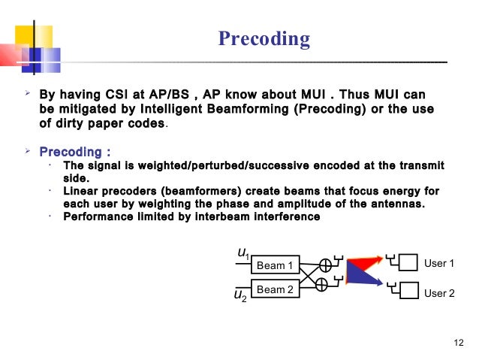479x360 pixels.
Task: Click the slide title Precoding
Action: [264, 38]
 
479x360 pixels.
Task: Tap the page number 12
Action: [459, 343]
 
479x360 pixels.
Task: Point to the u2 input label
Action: [241, 296]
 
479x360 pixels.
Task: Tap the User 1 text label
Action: [439, 264]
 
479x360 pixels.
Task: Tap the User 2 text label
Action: [439, 293]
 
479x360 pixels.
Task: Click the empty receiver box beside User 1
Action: [408, 263]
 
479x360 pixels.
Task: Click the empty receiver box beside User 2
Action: [408, 291]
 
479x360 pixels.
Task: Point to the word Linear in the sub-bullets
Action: [81, 192]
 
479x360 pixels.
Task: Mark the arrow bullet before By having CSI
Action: [26, 95]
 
